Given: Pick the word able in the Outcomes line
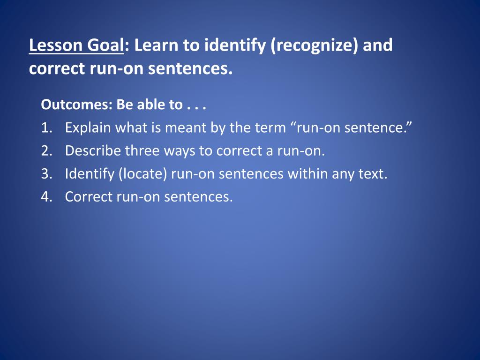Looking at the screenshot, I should (x=150, y=105).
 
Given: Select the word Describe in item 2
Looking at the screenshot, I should (x=93, y=150).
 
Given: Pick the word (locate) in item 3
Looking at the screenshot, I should (x=143, y=174).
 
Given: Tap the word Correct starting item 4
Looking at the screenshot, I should (x=89, y=197).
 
